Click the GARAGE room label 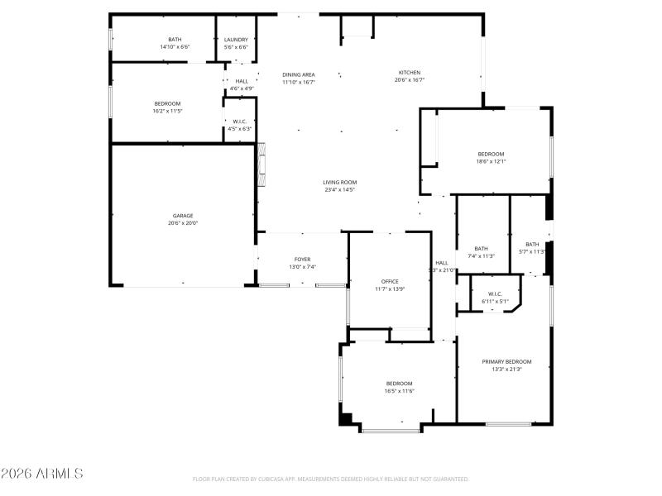(x=183, y=216)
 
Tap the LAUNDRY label (x=236, y=40)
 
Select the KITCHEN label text (x=410, y=73)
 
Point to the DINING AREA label (x=298, y=74)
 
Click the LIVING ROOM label (x=339, y=182)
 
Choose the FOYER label (x=302, y=259)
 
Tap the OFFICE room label (x=390, y=281)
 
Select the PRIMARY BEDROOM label (x=506, y=361)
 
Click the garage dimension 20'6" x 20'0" (x=183, y=223)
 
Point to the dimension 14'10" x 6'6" (x=175, y=47)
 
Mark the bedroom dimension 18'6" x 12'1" (x=491, y=161)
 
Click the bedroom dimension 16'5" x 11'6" (x=399, y=391)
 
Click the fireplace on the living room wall (x=261, y=165)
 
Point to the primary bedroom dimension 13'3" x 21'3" (x=506, y=369)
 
